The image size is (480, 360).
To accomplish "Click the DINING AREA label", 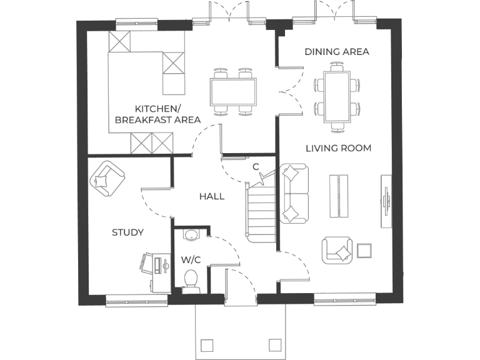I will click(337, 51).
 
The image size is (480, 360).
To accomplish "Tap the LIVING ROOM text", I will click(339, 148).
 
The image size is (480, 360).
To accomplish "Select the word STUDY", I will click(127, 232).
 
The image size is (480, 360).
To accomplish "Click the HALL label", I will click(212, 196).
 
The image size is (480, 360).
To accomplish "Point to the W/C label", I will click(190, 259).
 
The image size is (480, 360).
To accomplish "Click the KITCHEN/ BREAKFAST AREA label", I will click(157, 113).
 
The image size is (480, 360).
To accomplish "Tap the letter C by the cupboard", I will click(256, 166).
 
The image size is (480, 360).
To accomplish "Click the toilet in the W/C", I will click(191, 281).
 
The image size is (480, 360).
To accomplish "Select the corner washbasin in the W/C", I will click(191, 235).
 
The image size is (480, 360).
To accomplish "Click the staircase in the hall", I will click(261, 212).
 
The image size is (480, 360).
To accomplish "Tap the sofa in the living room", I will click(294, 193).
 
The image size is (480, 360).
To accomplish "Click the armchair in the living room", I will click(337, 251).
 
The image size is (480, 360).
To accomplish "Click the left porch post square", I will click(207, 345).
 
